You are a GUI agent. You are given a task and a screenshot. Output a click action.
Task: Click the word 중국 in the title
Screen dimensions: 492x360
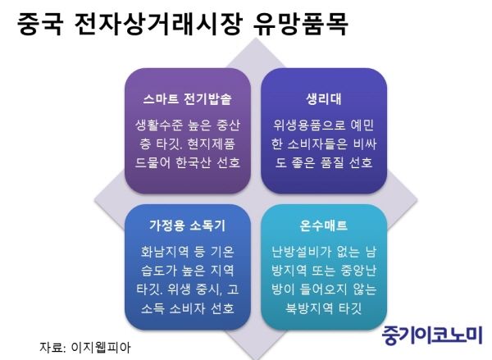coord(40,24)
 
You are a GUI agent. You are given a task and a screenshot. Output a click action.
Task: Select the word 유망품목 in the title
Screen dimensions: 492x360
coord(301,24)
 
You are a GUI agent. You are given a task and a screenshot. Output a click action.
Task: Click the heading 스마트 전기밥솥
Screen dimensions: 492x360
coord(187,99)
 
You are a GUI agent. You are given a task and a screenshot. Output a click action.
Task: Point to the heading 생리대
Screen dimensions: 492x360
coord(324,99)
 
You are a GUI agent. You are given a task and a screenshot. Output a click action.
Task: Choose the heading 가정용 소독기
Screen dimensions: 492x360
coord(187,226)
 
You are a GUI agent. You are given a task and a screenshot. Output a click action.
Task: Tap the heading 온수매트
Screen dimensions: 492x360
coord(324,226)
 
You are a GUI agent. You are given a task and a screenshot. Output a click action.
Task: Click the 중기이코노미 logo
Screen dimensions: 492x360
coord(432,335)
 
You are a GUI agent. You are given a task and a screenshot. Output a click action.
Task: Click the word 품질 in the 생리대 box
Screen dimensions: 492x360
coord(332,162)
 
